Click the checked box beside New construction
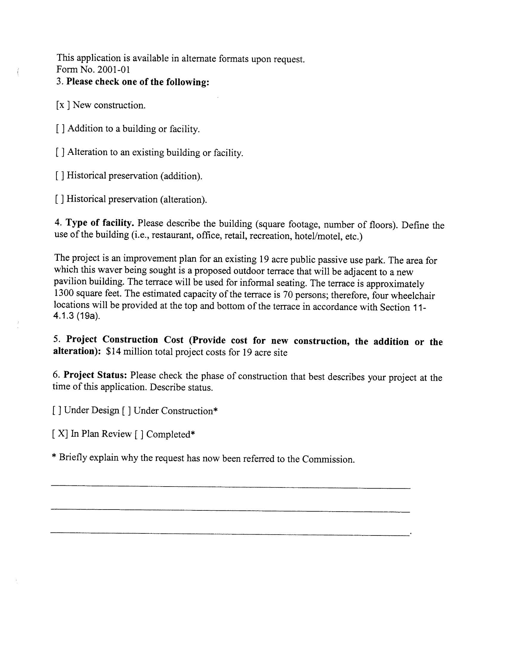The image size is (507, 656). click(x=63, y=105)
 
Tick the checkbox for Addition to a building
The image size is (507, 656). click(x=60, y=129)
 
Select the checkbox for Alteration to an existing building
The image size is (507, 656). click(x=60, y=152)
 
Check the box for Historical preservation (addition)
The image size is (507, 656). click(x=59, y=175)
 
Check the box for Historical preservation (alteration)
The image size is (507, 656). click(x=59, y=199)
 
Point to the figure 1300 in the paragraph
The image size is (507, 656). click(x=64, y=293)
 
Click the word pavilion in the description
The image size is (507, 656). click(x=68, y=281)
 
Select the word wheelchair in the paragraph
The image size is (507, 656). click(x=418, y=296)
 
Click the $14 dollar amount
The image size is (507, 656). click(x=113, y=351)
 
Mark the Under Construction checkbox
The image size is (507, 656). click(x=126, y=410)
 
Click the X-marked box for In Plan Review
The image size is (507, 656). click(x=60, y=434)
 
